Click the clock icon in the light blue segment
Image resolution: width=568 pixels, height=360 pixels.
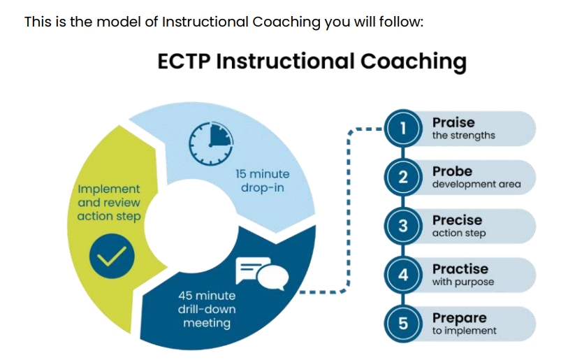[x=211, y=144]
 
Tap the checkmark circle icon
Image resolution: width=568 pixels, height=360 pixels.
[x=112, y=256]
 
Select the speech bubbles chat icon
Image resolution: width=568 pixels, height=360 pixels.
[x=262, y=274]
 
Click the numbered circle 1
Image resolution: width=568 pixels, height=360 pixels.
[x=403, y=129]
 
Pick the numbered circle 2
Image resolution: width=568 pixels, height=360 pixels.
[x=403, y=178]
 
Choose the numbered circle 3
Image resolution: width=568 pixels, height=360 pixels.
[x=403, y=226]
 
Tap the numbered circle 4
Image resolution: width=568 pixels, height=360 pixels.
[x=403, y=275]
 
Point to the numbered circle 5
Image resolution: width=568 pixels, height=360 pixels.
[x=403, y=324]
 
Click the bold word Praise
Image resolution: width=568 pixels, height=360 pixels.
[x=453, y=122]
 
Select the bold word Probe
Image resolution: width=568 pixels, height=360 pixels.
[x=453, y=171]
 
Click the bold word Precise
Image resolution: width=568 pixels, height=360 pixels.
[x=457, y=220]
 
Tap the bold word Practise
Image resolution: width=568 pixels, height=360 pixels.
[x=460, y=269]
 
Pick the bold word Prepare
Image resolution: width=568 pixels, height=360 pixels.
[x=459, y=318]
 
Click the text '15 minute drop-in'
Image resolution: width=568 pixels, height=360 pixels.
[x=263, y=181]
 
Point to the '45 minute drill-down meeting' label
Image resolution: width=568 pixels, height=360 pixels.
[x=207, y=309]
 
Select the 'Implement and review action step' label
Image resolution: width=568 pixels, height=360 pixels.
[x=109, y=203]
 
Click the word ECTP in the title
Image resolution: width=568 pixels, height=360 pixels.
[x=184, y=61]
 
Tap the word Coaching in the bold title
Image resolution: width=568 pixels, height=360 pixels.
[x=414, y=62]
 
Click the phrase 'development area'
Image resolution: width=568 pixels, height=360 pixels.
[x=476, y=184]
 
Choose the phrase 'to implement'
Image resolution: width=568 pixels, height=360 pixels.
[x=465, y=331]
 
